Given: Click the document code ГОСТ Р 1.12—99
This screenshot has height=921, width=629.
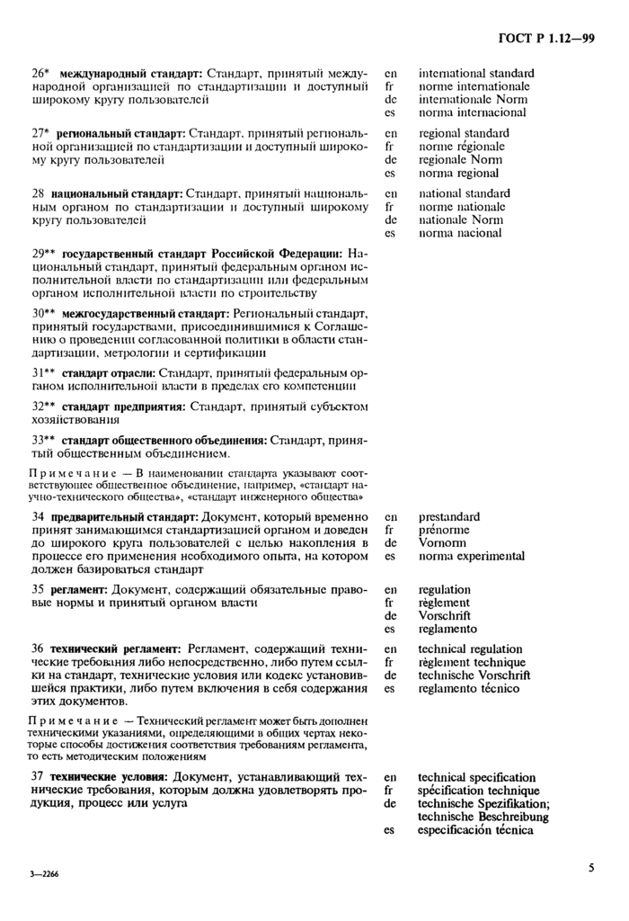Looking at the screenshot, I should click(x=545, y=38).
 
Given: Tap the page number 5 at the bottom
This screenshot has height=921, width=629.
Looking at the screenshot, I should click(x=591, y=868).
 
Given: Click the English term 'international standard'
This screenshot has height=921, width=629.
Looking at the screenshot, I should click(x=476, y=73).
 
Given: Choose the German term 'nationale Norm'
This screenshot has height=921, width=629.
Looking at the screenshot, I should click(x=461, y=219).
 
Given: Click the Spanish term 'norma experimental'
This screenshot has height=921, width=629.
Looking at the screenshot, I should click(x=472, y=557).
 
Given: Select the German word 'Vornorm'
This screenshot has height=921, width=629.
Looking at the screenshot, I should click(x=443, y=543).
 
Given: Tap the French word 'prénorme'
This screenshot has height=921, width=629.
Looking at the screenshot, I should click(x=444, y=530).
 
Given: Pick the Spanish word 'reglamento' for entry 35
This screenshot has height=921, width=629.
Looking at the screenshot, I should click(x=448, y=630).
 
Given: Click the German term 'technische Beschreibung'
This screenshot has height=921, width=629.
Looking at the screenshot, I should click(x=483, y=817).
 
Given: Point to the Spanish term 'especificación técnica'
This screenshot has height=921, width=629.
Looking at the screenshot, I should click(x=476, y=830).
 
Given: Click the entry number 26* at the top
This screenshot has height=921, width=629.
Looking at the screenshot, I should click(x=40, y=73).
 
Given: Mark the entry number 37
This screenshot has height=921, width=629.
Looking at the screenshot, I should click(x=39, y=776).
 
